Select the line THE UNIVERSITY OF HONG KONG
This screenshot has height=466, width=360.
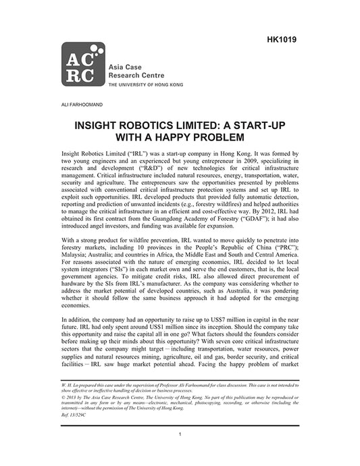tap(149, 86)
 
